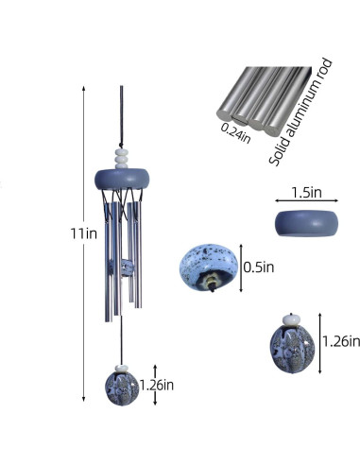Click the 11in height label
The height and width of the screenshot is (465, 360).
[x=83, y=233]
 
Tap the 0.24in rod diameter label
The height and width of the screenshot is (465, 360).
[x=235, y=133]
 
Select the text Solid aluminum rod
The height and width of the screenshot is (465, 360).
[x=300, y=112]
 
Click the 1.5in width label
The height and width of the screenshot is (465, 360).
[x=307, y=193]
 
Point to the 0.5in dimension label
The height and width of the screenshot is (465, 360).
[x=259, y=267]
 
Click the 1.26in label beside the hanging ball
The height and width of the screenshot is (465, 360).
[x=157, y=385]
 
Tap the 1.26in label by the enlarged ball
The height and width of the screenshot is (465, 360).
[x=341, y=341]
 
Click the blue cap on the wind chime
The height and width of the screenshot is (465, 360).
[x=122, y=179]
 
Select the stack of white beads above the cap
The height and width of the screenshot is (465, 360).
[x=122, y=159]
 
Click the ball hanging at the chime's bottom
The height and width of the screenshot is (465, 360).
[x=122, y=388]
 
